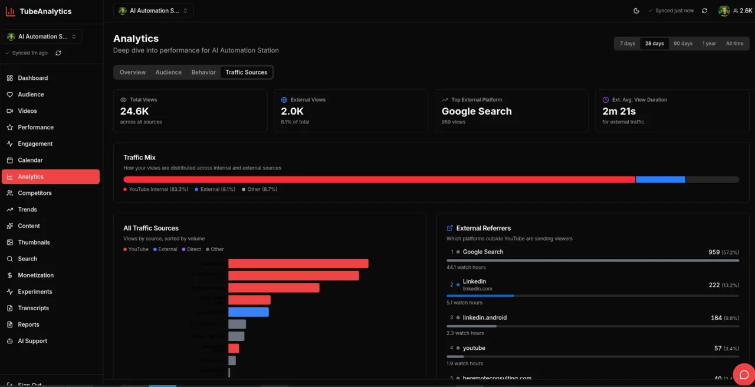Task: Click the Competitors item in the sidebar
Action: click(x=35, y=193)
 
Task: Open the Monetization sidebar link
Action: click(x=35, y=275)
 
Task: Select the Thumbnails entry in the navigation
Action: click(x=34, y=242)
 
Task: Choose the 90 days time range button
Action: click(x=683, y=44)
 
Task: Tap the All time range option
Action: click(x=734, y=44)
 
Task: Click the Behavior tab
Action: click(x=203, y=72)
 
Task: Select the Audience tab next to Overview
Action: click(x=168, y=72)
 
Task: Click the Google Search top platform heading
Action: click(x=477, y=111)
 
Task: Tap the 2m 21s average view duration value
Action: click(x=619, y=111)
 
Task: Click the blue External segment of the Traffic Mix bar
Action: click(x=660, y=180)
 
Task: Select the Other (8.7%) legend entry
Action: click(x=262, y=189)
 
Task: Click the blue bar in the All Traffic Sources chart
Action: click(x=248, y=312)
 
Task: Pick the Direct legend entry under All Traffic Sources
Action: click(x=193, y=249)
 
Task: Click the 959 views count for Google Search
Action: click(x=714, y=252)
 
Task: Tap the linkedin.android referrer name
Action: click(x=484, y=318)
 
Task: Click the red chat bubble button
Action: click(x=744, y=375)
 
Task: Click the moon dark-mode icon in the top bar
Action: click(x=636, y=11)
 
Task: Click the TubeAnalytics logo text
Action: click(x=45, y=11)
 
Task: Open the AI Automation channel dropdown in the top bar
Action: click(x=153, y=11)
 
